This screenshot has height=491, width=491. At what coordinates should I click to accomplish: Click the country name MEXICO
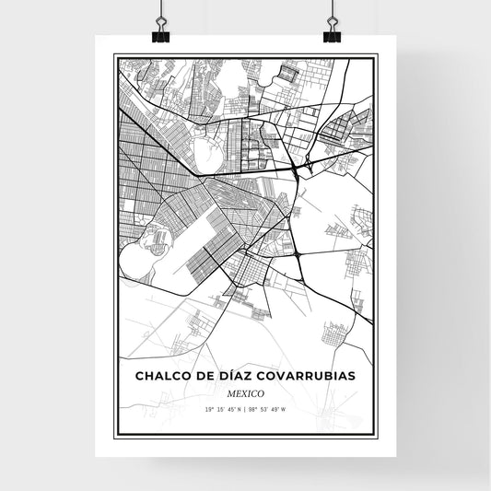coord(246,392)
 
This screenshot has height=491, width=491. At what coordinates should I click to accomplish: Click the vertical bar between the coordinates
coord(245,409)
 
